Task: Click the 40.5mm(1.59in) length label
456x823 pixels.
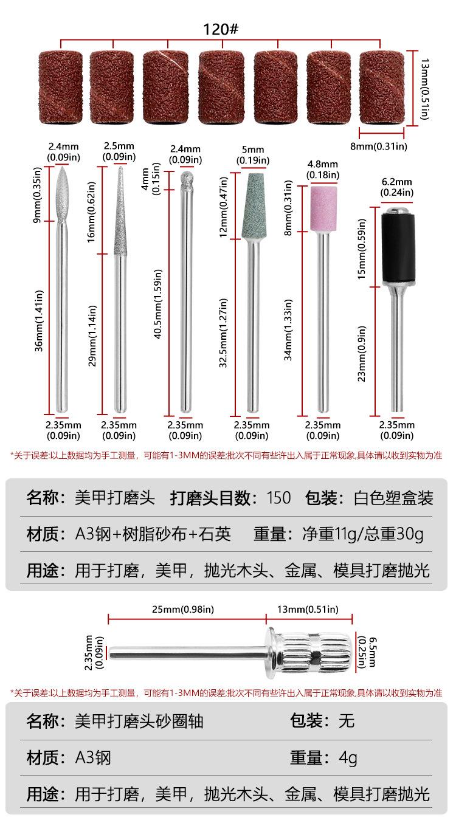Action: pos(157,295)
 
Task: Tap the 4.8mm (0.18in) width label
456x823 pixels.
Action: pos(323,170)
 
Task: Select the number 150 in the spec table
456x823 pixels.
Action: pos(279,498)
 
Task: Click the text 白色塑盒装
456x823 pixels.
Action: pos(393,498)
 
